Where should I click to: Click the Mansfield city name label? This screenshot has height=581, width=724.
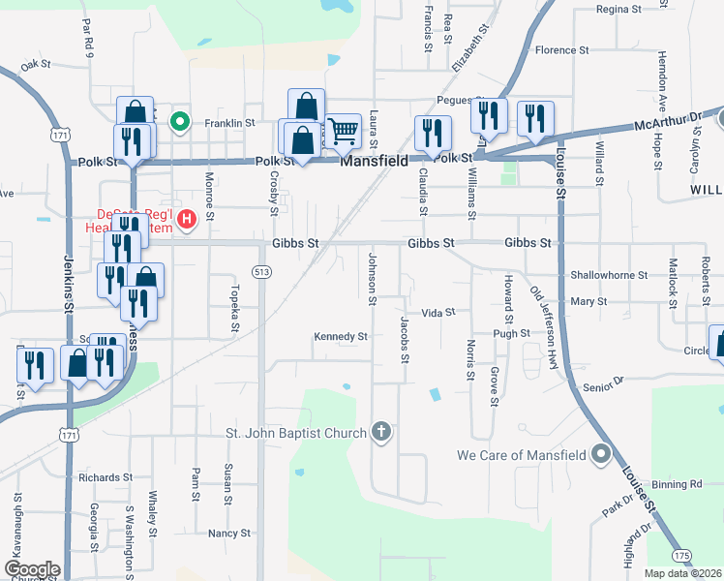[373, 162]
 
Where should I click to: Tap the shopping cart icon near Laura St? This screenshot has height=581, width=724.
[344, 130]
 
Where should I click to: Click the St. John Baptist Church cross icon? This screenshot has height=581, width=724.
[381, 432]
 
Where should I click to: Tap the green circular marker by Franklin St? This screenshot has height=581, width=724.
[179, 122]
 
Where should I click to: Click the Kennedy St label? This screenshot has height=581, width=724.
[341, 337]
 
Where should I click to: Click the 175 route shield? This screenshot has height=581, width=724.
[682, 555]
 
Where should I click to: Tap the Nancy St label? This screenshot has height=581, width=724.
[229, 533]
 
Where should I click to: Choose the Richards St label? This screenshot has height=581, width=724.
[106, 477]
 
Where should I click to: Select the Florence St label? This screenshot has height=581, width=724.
[562, 49]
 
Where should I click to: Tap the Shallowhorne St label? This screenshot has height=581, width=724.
[609, 275]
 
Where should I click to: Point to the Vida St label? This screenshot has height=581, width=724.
[438, 312]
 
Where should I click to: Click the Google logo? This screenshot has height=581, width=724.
[32, 570]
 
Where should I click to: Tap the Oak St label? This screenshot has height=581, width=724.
[35, 65]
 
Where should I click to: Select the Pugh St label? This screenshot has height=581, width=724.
[511, 333]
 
